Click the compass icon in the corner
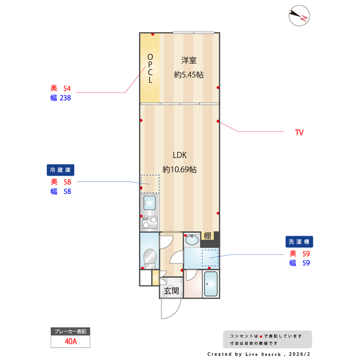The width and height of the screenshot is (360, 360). (298, 16)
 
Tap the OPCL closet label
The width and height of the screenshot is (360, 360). (150, 68)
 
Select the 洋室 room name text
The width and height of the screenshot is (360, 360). (189, 60)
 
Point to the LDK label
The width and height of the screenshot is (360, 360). (179, 155)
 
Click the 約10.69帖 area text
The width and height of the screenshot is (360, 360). (179, 169)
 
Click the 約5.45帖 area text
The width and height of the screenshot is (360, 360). (189, 74)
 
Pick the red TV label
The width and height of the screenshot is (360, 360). (299, 133)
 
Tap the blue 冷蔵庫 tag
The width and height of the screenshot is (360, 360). (61, 170)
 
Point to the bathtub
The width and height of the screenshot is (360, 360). (211, 285)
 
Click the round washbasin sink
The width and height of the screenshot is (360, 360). (191, 240)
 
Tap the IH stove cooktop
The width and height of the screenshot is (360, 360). (149, 221)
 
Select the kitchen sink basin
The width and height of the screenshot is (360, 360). (149, 202)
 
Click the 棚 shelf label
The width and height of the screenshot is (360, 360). (208, 236)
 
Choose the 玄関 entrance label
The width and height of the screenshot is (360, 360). (172, 291)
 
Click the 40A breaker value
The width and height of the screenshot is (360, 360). (70, 341)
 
